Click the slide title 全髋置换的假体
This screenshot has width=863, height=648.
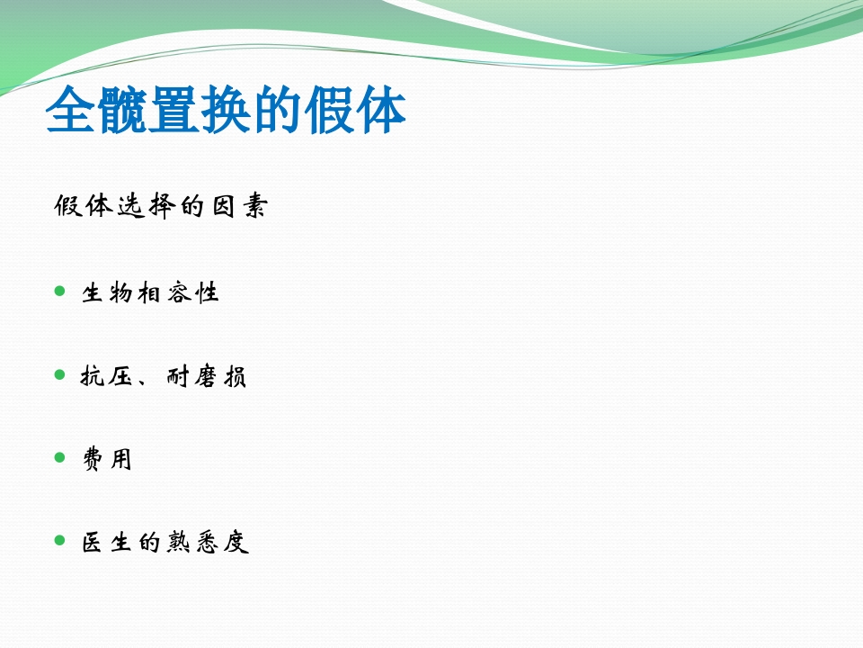(x=226, y=111)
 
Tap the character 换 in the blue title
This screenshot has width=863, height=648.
(x=226, y=111)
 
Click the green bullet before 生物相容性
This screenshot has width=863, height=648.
(x=60, y=292)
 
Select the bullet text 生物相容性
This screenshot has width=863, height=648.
(x=151, y=293)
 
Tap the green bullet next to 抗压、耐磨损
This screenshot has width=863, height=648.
(x=60, y=374)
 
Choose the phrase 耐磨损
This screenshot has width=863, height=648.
(x=207, y=377)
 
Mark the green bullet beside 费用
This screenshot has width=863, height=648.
(x=60, y=457)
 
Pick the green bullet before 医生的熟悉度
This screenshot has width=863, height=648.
(x=60, y=540)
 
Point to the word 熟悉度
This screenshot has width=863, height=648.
(x=208, y=544)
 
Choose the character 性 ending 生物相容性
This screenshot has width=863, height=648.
(x=208, y=293)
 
